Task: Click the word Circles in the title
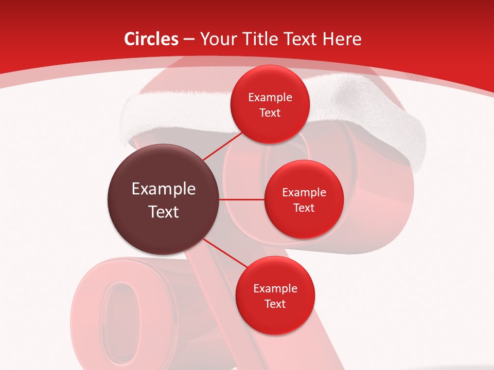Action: coord(151,39)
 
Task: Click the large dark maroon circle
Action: coord(163,199)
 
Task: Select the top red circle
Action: coord(270,104)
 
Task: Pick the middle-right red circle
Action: coord(304,199)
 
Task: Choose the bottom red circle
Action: coord(275,295)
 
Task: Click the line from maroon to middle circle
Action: coord(242,199)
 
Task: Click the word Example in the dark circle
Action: coord(164,189)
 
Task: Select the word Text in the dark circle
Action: coord(164,212)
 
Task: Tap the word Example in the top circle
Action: coord(270,97)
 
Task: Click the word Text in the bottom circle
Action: coord(275,304)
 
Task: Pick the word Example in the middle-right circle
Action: coord(304,193)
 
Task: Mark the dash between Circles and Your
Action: coord(189,40)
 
